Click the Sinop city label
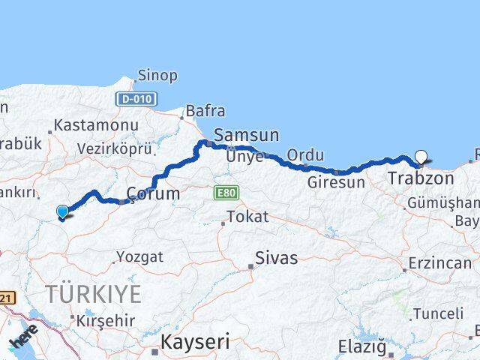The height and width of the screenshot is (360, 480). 157,76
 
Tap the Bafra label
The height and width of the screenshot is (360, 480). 205,111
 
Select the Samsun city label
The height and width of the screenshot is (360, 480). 246,135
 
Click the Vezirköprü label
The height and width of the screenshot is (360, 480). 115,148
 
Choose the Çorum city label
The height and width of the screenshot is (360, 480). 153,193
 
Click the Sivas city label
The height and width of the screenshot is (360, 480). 276,259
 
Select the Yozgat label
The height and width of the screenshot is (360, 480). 140,256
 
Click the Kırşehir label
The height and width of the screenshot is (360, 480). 106,320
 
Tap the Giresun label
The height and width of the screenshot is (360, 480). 337,181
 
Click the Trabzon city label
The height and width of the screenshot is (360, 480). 421,179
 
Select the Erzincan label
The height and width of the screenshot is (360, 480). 439,265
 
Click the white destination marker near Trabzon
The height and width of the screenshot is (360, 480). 421,157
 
